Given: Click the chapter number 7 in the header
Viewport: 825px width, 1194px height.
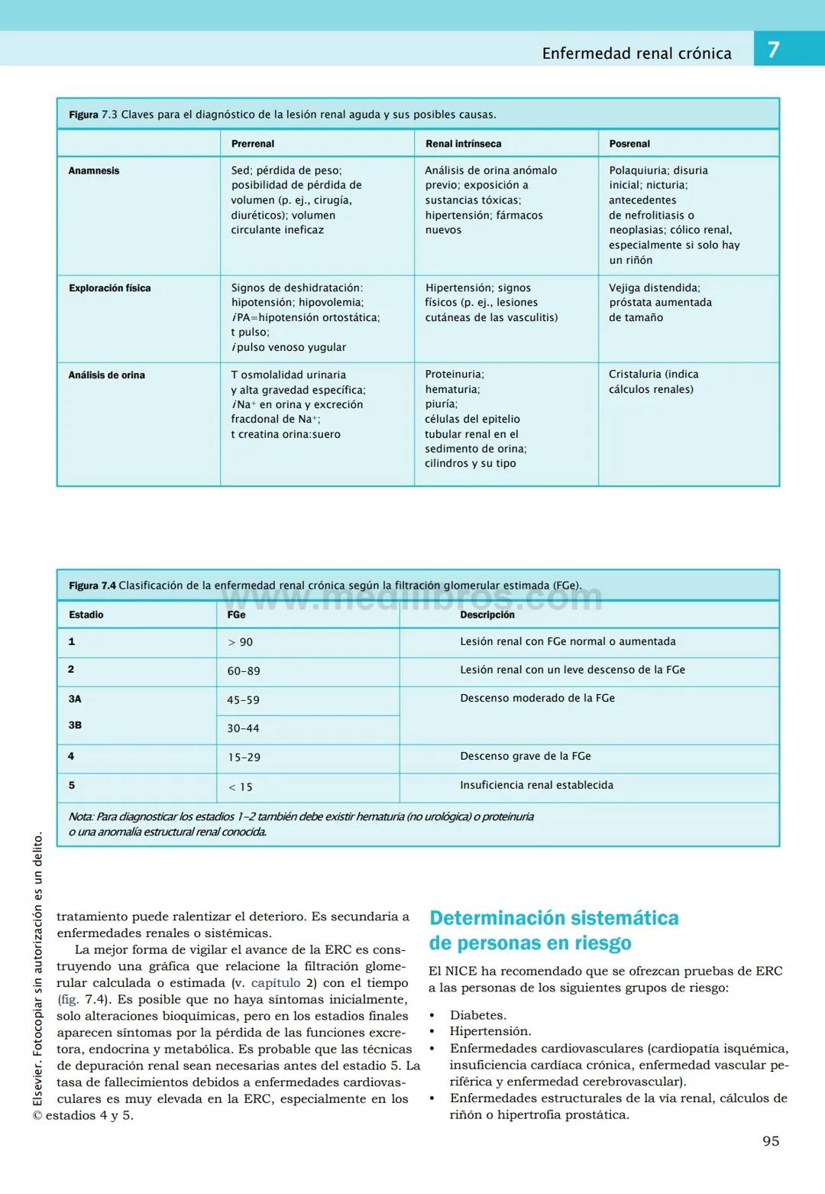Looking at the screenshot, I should point(773,50).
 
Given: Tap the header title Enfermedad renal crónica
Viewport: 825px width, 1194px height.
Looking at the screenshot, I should point(636,54).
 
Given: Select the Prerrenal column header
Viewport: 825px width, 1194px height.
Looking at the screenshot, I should point(253,144).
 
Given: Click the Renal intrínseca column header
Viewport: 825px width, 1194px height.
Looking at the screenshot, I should point(463,144).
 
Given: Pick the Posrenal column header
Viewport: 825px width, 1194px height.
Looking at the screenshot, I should point(629,144).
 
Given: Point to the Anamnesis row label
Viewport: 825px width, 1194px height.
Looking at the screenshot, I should point(94,171).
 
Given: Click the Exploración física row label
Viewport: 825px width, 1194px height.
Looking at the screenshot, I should point(109,288).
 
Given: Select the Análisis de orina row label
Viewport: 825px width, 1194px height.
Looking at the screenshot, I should point(106,375).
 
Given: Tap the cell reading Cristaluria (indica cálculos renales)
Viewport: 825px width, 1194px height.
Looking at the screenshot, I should point(653,381).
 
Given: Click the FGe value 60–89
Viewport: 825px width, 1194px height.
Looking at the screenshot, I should point(243,671).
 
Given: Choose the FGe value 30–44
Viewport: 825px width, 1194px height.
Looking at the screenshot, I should point(243,728).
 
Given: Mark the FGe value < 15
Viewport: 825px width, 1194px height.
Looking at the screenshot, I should point(240,787).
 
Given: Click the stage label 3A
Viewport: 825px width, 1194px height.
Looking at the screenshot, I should point(75,699).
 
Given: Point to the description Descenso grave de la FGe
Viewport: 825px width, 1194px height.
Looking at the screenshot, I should point(525,756).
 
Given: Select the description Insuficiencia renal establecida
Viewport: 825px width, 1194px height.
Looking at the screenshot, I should point(536,785).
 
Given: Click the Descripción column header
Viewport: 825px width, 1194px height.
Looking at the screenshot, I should point(487,615).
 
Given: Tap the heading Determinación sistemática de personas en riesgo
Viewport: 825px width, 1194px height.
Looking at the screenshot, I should point(553,930).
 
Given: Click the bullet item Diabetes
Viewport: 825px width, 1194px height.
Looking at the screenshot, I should point(477,1015).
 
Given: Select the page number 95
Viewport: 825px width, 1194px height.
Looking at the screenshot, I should point(771,1141).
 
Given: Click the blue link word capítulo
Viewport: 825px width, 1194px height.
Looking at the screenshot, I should point(276,983).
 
